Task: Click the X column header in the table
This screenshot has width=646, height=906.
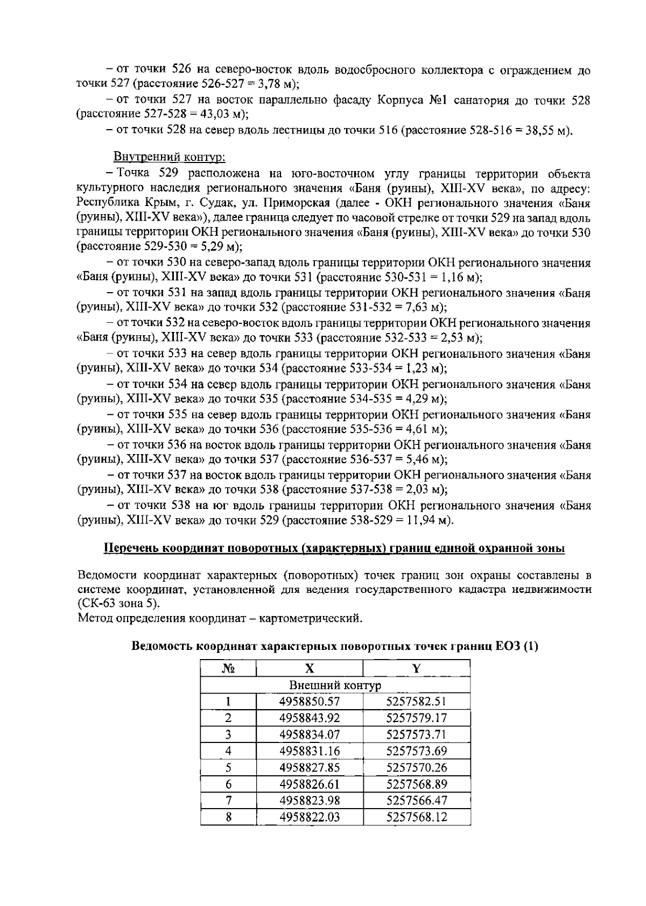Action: (310, 668)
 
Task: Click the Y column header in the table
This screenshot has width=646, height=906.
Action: (417, 668)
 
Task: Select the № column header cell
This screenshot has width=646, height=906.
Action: (228, 668)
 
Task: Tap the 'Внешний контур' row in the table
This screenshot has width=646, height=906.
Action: (335, 685)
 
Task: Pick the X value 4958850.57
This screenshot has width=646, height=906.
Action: (310, 702)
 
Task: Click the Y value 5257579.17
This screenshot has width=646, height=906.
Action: (417, 718)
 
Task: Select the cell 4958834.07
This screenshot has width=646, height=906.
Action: (310, 734)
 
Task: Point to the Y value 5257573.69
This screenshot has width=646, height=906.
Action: (417, 751)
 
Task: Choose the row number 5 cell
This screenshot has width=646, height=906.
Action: (228, 767)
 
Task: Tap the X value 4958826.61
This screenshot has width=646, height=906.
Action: (310, 784)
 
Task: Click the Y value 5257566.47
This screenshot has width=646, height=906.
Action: (417, 800)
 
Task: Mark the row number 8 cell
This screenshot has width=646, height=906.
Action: (228, 817)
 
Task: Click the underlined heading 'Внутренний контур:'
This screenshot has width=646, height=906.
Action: (169, 157)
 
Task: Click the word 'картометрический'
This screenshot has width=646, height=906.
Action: (311, 618)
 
